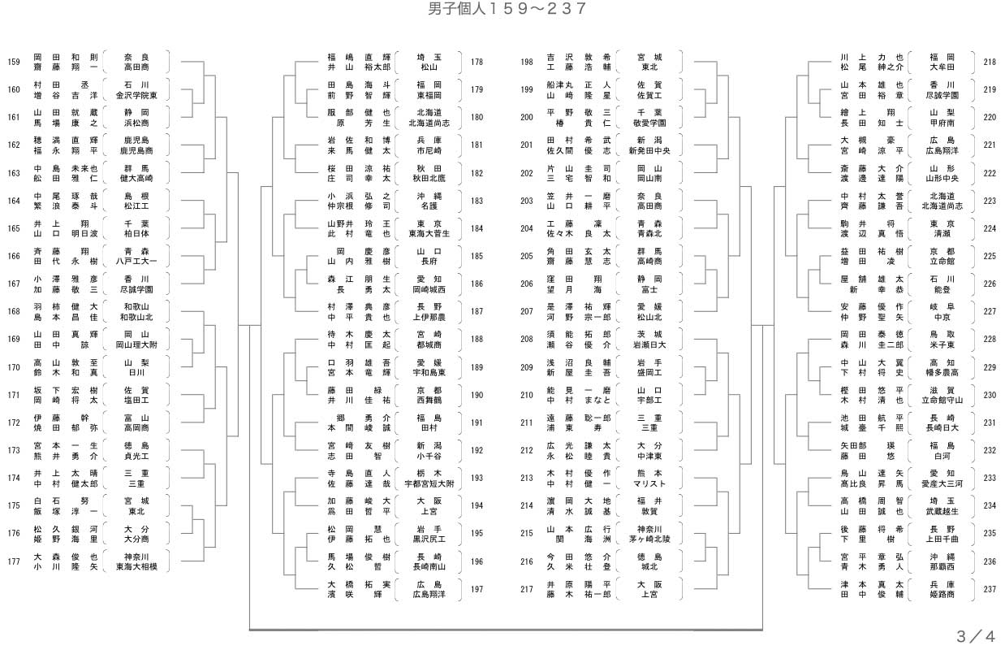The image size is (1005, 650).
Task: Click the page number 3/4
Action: point(975,635)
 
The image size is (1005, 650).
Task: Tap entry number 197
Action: point(477,590)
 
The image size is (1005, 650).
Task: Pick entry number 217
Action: point(527,590)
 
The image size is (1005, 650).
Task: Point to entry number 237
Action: point(989,590)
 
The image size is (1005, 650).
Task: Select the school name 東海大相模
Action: point(136,567)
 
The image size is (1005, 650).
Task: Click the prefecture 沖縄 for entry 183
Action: point(429,196)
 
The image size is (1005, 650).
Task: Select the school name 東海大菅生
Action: point(429,234)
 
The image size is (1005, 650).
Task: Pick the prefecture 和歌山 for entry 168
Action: point(136,307)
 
